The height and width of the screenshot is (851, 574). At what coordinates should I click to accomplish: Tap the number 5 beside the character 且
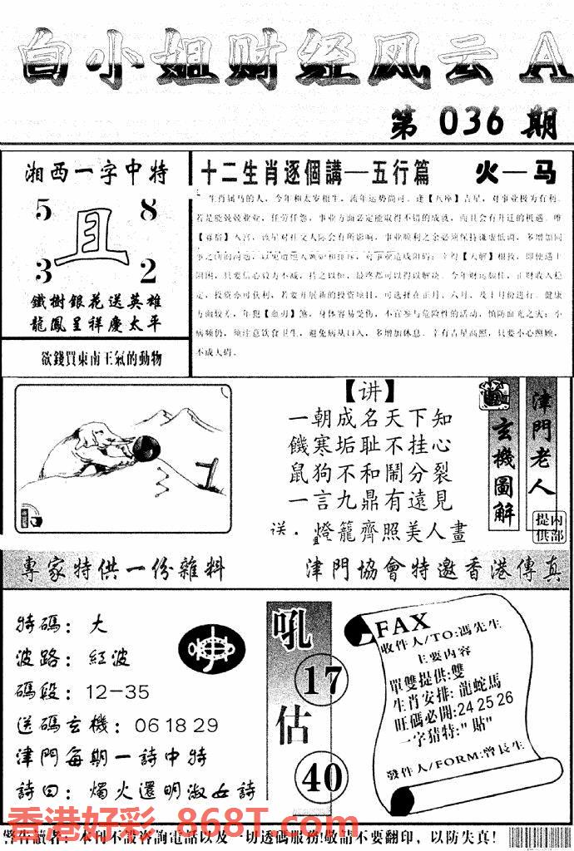pyautogui.click(x=43, y=212)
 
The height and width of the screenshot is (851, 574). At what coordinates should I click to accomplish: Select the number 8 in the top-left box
pyautogui.click(x=148, y=211)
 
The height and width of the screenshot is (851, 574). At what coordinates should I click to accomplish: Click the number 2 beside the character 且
pyautogui.click(x=148, y=271)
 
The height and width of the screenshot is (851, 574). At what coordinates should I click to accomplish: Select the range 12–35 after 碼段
pyautogui.click(x=117, y=691)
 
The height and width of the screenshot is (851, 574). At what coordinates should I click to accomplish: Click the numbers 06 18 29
pyautogui.click(x=176, y=725)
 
